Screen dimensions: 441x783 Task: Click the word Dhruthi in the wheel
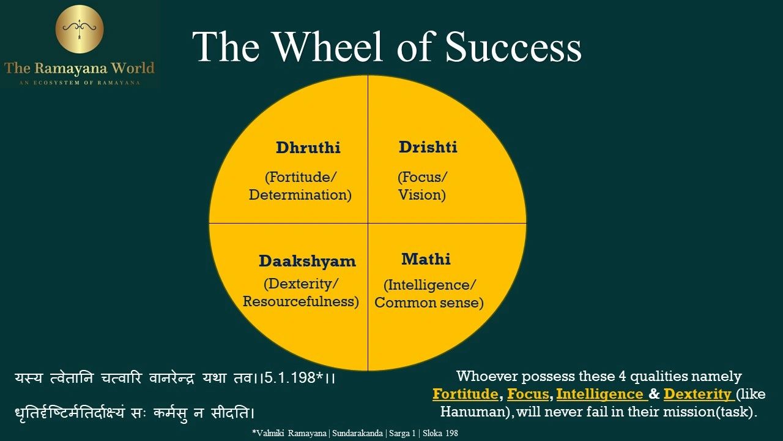(x=308, y=148)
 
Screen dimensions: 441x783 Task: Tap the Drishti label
(x=428, y=148)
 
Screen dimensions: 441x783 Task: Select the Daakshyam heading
(x=306, y=261)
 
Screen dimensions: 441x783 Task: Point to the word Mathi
(x=426, y=259)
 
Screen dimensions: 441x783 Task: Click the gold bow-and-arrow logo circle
(x=80, y=29)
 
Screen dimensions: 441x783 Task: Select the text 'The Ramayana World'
(x=80, y=67)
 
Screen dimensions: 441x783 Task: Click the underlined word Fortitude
(x=465, y=394)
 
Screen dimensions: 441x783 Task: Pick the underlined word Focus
(x=527, y=394)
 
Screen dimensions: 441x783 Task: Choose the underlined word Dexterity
(x=697, y=394)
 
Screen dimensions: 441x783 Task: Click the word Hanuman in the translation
(x=475, y=412)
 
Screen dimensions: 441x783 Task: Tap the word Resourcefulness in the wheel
(x=300, y=302)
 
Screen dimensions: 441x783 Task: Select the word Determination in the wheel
(x=300, y=195)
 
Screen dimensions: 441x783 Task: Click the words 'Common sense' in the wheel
(x=429, y=303)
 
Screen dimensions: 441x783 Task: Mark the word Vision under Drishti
(x=421, y=195)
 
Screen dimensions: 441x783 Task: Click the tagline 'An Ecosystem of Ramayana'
(x=80, y=82)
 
